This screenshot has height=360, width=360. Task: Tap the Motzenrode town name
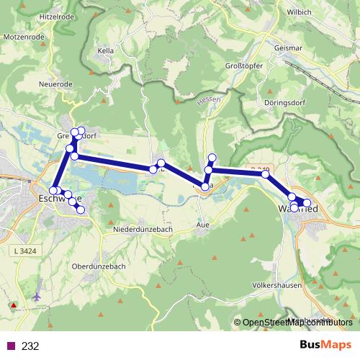click(26, 35)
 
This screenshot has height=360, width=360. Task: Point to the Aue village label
click(203, 225)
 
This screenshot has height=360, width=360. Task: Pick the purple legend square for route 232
click(11, 346)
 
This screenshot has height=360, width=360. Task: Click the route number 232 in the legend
click(30, 346)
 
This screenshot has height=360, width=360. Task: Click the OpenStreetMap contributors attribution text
click(297, 323)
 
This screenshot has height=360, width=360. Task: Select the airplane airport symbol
click(37, 296)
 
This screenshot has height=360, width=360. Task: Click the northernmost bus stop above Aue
click(212, 158)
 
